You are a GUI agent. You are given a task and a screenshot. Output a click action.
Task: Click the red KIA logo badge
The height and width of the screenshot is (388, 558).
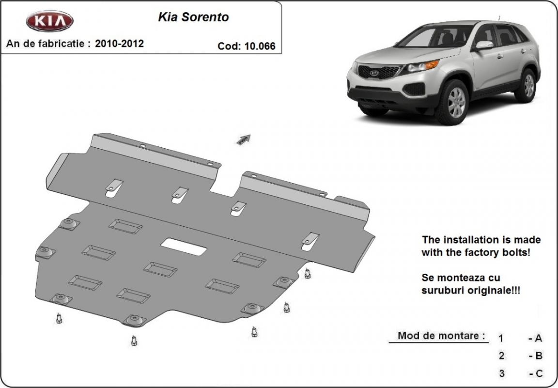(50, 21)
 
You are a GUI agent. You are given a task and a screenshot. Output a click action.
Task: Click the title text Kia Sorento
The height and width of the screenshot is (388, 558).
(193, 17)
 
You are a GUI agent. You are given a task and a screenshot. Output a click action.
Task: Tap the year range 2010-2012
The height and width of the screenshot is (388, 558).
(119, 44)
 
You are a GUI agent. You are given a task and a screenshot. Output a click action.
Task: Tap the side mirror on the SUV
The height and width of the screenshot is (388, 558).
(483, 45)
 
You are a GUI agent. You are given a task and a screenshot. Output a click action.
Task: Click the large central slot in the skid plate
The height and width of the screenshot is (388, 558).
(184, 247)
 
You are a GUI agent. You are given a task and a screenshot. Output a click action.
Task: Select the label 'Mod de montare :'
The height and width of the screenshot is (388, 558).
(441, 335)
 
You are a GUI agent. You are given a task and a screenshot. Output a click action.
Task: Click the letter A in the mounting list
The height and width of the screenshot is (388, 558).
(538, 338)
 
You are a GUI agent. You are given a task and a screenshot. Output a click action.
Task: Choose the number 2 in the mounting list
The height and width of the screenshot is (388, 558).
(501, 355)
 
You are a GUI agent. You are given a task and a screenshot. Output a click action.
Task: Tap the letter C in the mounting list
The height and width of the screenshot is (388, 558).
(539, 373)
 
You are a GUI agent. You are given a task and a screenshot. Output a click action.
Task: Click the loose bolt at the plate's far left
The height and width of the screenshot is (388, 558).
(59, 318)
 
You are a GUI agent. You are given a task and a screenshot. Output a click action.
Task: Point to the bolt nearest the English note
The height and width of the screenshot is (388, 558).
(308, 273)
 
